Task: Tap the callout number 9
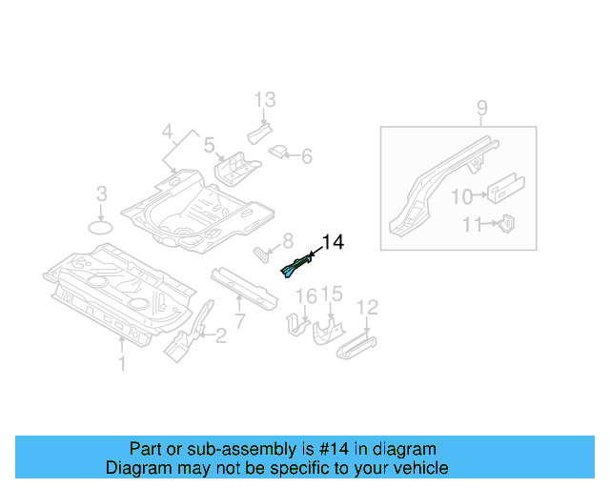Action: [x=482, y=109]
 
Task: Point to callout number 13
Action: [x=264, y=99]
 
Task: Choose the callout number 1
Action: [x=121, y=362]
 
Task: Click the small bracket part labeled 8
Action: [x=261, y=253]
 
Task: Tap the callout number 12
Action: [x=367, y=307]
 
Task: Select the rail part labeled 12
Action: [x=356, y=341]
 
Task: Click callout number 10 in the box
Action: [x=460, y=196]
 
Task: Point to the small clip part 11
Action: [x=507, y=223]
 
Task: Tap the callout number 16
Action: [x=305, y=296]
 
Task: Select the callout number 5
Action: [x=209, y=145]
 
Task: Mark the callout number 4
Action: [x=167, y=131]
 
